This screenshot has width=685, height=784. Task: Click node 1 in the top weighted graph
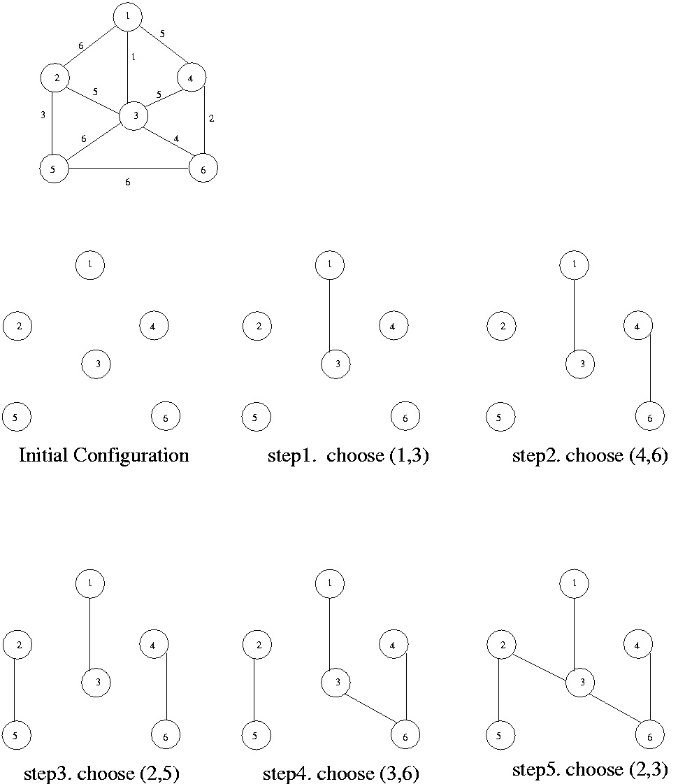pos(128,17)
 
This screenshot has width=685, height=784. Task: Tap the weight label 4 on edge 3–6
pos(176,138)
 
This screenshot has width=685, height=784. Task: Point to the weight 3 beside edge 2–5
pos(43,114)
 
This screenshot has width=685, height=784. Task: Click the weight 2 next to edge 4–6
pos(212,118)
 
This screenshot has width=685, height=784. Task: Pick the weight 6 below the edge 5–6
pos(127,182)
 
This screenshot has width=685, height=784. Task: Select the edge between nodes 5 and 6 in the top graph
pos(129,169)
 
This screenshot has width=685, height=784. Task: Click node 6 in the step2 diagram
pos(649,418)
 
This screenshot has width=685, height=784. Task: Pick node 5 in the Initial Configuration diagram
pos(17,418)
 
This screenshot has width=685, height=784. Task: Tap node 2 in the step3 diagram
pos(17,644)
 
